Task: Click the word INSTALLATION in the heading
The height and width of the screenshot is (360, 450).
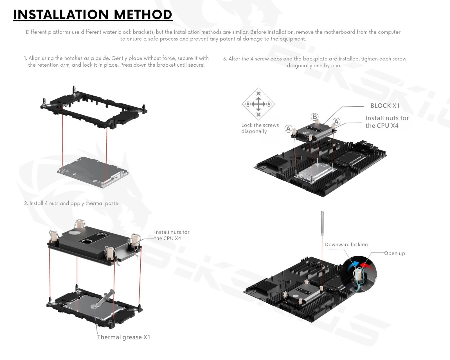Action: (x=61, y=15)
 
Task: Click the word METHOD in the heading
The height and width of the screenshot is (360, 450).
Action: (x=143, y=15)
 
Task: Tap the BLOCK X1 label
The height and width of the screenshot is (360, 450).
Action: (x=385, y=106)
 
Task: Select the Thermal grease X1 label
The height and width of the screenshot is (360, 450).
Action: (x=124, y=337)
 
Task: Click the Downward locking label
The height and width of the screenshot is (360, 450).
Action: (x=346, y=244)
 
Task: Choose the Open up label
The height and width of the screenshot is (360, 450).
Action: (x=395, y=253)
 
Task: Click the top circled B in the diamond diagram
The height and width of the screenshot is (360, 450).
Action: (x=258, y=93)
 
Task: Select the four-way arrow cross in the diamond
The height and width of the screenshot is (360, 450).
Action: (x=258, y=104)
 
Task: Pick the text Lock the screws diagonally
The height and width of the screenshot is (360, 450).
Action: (x=260, y=128)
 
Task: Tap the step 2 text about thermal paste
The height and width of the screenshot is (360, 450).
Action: (x=71, y=203)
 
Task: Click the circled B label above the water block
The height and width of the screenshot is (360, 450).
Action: (x=314, y=117)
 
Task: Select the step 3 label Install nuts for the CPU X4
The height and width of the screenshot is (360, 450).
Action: (x=387, y=122)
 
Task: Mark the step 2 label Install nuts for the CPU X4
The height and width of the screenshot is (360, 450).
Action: (x=172, y=235)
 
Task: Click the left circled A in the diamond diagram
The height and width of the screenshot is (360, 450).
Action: (x=248, y=104)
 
